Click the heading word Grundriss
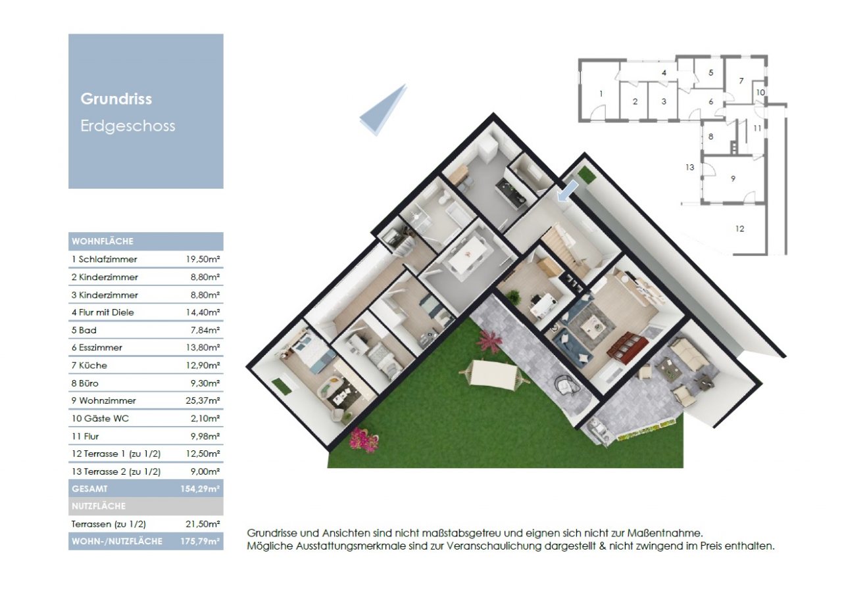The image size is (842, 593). pyautogui.click(x=116, y=99)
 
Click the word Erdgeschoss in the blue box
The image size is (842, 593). pyautogui.click(x=128, y=126)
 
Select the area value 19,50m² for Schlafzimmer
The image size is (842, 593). pyautogui.click(x=203, y=260)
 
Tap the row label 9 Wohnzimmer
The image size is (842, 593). pyautogui.click(x=104, y=400)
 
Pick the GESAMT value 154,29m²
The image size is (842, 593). pyautogui.click(x=200, y=489)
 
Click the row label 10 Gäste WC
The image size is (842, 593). pyautogui.click(x=100, y=418)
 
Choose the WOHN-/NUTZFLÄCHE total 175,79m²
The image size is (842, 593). pyautogui.click(x=200, y=542)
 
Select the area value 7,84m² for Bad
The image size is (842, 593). pyautogui.click(x=205, y=330)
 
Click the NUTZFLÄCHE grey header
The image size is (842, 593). pyautogui.click(x=98, y=506)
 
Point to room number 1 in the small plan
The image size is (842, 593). pyautogui.click(x=601, y=94)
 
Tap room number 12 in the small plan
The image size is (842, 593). pyautogui.click(x=739, y=229)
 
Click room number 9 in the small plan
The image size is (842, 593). pyautogui.click(x=732, y=178)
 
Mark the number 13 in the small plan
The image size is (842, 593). pyautogui.click(x=689, y=168)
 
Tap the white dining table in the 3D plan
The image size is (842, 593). pyautogui.click(x=470, y=252)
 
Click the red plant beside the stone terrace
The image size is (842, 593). pyautogui.click(x=489, y=341)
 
